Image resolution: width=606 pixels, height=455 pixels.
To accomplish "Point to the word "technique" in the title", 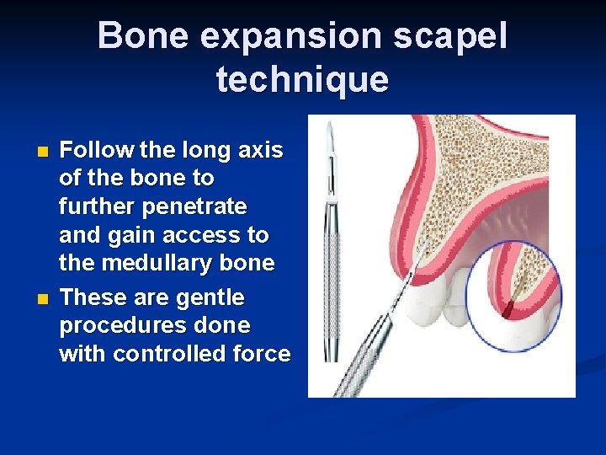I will tap(302, 80).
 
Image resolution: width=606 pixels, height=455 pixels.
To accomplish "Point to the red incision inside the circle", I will tap(508, 311).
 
